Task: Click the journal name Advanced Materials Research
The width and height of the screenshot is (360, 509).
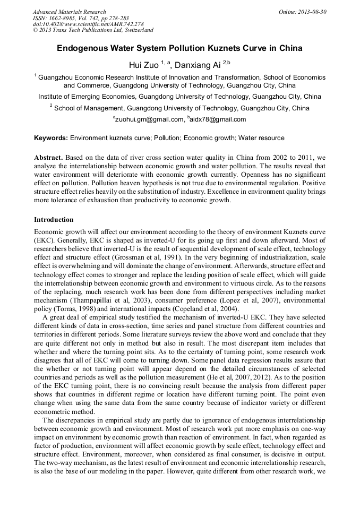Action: (69, 12)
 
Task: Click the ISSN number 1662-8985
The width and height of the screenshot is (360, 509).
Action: (61, 18)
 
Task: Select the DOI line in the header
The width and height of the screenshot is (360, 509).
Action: (88, 24)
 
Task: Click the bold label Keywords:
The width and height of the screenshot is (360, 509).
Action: (51, 138)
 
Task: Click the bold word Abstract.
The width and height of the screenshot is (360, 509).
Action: (49, 158)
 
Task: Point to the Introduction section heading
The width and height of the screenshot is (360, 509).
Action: (54, 219)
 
